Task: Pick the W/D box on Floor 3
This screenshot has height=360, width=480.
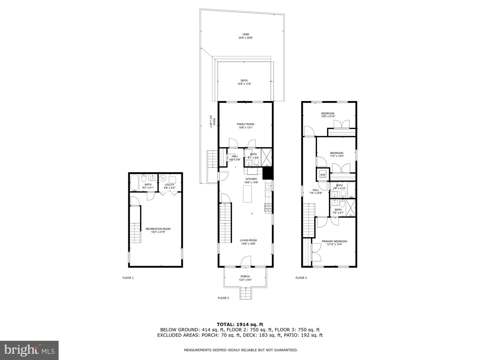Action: coord(323,175)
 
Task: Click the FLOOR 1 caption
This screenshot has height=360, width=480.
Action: coord(128,278)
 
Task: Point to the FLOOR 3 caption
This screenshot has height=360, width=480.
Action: coord(301,278)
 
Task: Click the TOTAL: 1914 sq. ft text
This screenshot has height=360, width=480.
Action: coord(240,324)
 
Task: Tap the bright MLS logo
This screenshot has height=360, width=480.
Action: coord(29,350)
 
